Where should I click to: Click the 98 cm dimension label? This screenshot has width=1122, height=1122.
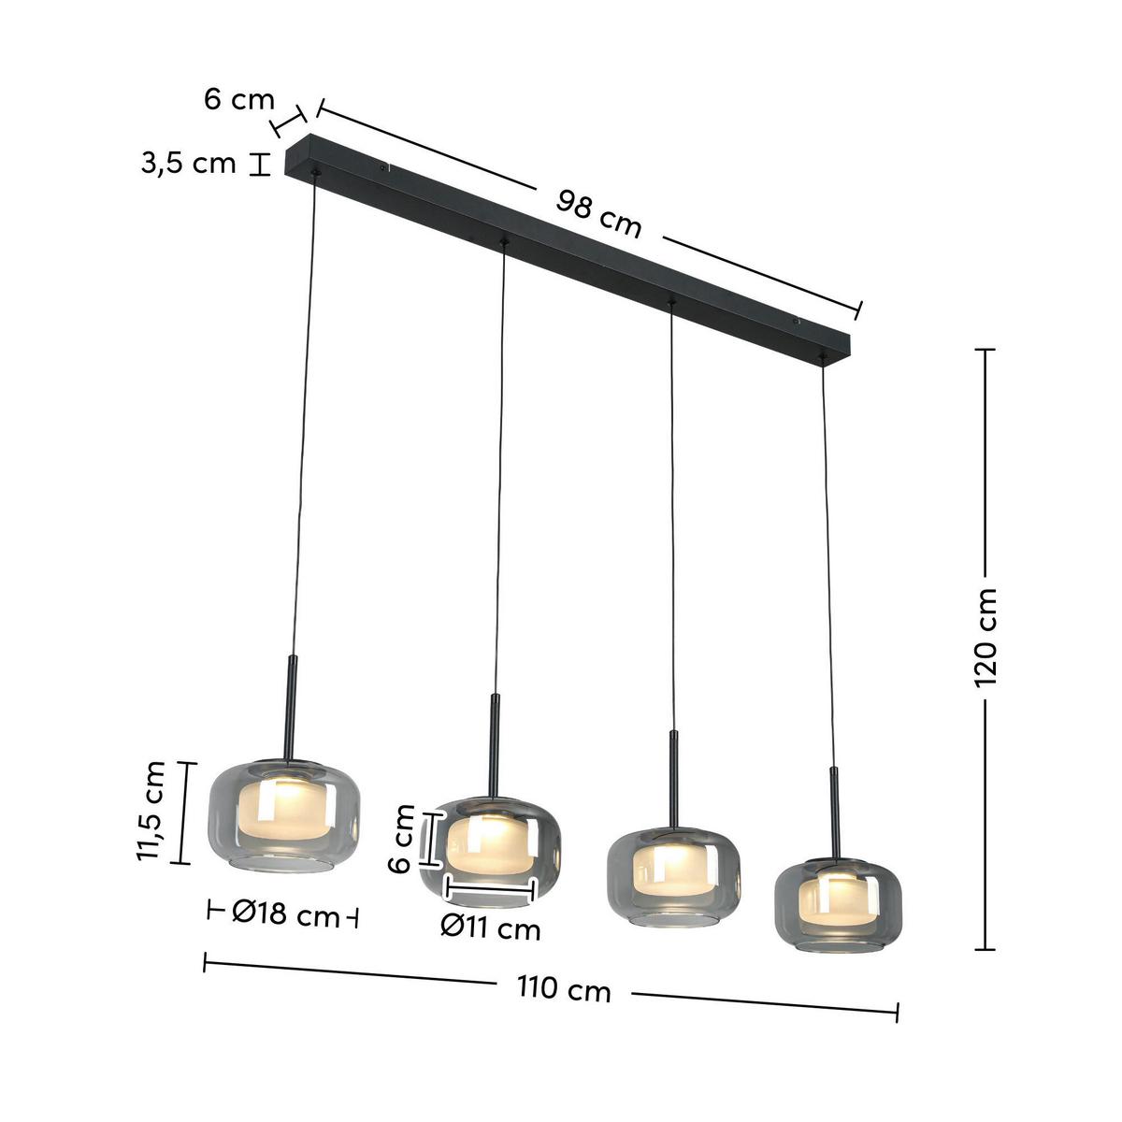(599, 213)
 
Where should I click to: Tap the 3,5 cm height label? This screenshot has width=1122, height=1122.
(189, 164)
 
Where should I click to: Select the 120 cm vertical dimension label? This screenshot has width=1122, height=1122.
(985, 638)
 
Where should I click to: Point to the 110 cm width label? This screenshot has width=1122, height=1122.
(563, 989)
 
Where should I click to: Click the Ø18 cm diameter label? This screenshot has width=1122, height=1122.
(285, 914)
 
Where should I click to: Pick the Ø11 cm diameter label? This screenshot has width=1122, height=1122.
(491, 928)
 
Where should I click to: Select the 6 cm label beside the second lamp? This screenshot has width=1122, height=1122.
(401, 840)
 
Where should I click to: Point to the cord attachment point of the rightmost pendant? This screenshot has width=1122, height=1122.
(822, 357)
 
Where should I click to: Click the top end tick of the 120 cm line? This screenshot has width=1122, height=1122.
(985, 349)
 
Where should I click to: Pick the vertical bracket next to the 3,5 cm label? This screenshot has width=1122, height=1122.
(259, 165)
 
